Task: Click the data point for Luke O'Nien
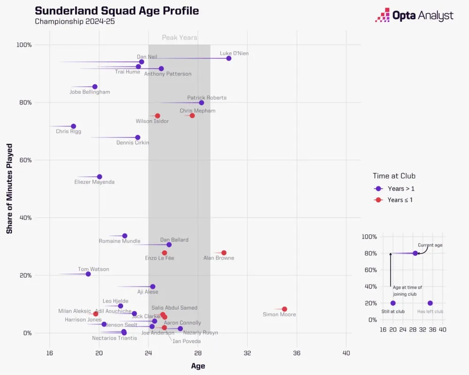point(229,58)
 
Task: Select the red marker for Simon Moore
point(284,309)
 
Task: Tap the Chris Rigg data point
point(74,126)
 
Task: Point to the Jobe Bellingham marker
point(95,87)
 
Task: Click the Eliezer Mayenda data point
point(99,177)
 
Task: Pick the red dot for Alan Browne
point(224,253)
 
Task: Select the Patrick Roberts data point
point(202,103)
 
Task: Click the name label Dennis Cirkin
point(133,142)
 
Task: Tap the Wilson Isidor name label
point(152,121)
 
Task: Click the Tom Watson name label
point(93,269)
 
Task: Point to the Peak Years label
point(180,37)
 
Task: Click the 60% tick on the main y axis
point(24,160)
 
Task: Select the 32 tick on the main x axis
point(247,352)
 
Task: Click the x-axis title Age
point(198,366)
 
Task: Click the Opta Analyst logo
point(414,15)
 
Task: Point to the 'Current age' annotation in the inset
point(430,245)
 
